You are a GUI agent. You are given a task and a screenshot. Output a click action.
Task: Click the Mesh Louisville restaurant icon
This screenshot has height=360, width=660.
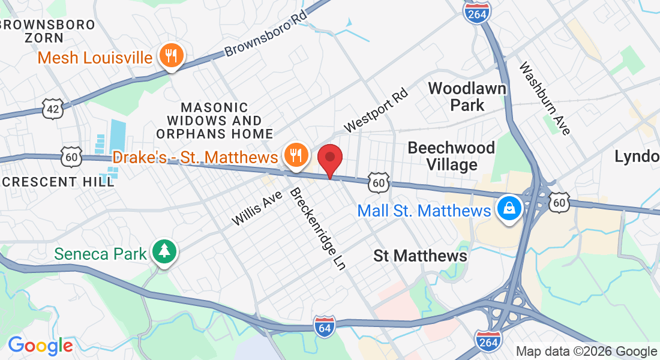tap(172, 56)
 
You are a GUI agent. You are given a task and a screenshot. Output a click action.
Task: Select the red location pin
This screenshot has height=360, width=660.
tap(329, 159)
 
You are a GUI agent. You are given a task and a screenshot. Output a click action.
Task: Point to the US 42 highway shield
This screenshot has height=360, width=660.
tap(52, 108)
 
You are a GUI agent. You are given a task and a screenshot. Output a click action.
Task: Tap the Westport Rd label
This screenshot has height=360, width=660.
tap(376, 111)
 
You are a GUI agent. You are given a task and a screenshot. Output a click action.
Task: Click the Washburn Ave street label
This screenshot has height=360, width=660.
tap(544, 98)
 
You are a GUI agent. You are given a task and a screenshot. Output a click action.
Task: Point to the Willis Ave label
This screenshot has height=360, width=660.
tap(257, 208)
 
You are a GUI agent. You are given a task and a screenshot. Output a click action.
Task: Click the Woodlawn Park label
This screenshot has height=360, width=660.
tap(467, 97)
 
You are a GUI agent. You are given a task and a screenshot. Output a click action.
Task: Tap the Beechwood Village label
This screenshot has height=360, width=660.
tap(451, 155)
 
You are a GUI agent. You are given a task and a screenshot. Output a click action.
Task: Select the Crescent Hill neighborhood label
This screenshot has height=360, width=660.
tap(57, 182)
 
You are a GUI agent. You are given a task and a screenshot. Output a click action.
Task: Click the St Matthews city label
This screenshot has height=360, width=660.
tap(420, 256)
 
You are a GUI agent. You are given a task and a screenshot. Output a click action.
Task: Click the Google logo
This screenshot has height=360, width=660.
tap(40, 346)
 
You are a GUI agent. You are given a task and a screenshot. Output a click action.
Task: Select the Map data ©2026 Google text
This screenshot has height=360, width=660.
tap(586, 352)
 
